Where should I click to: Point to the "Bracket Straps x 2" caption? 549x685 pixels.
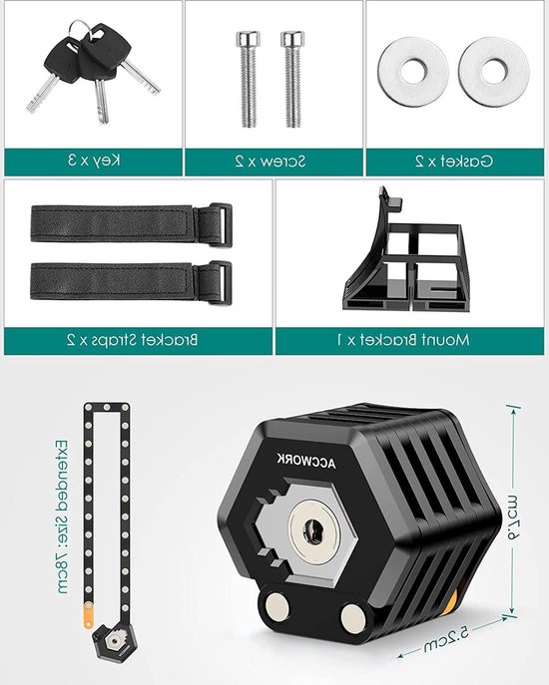pos(138,341)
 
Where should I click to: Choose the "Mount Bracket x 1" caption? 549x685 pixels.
pos(410,341)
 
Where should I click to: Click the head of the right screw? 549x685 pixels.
pos(290,42)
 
